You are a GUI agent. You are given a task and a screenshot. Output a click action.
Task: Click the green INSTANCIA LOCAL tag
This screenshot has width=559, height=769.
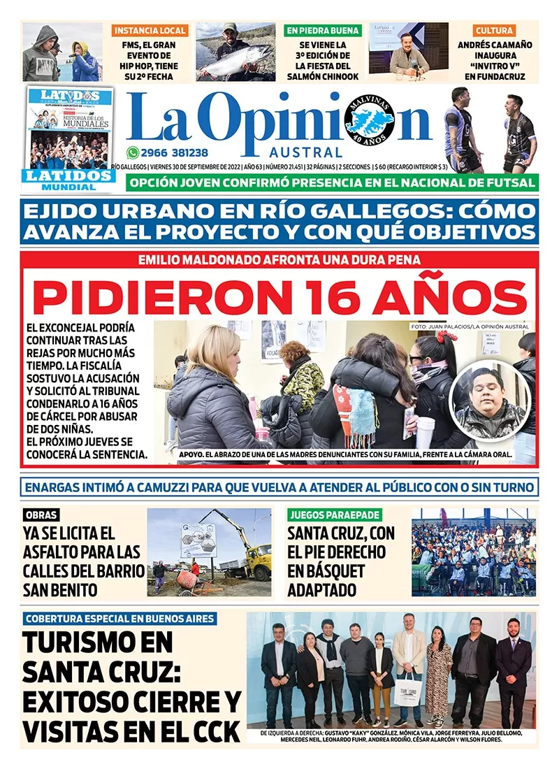click(x=150, y=31)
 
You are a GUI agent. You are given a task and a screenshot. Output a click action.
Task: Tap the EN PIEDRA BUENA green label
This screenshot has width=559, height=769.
click(x=322, y=31)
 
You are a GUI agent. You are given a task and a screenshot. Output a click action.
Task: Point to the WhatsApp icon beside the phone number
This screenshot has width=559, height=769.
click(x=133, y=152)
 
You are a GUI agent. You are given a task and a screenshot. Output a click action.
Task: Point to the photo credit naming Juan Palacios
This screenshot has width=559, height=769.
click(x=470, y=326)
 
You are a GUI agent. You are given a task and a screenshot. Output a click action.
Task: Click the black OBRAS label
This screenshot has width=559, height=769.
click(x=41, y=515)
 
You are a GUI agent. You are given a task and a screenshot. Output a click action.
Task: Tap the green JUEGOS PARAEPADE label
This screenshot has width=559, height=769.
click(x=334, y=515)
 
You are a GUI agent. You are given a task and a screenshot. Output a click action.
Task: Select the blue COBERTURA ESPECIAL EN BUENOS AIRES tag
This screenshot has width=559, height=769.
click(x=119, y=619)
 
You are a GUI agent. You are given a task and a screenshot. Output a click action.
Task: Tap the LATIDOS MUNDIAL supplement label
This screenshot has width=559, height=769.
click(x=70, y=180)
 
